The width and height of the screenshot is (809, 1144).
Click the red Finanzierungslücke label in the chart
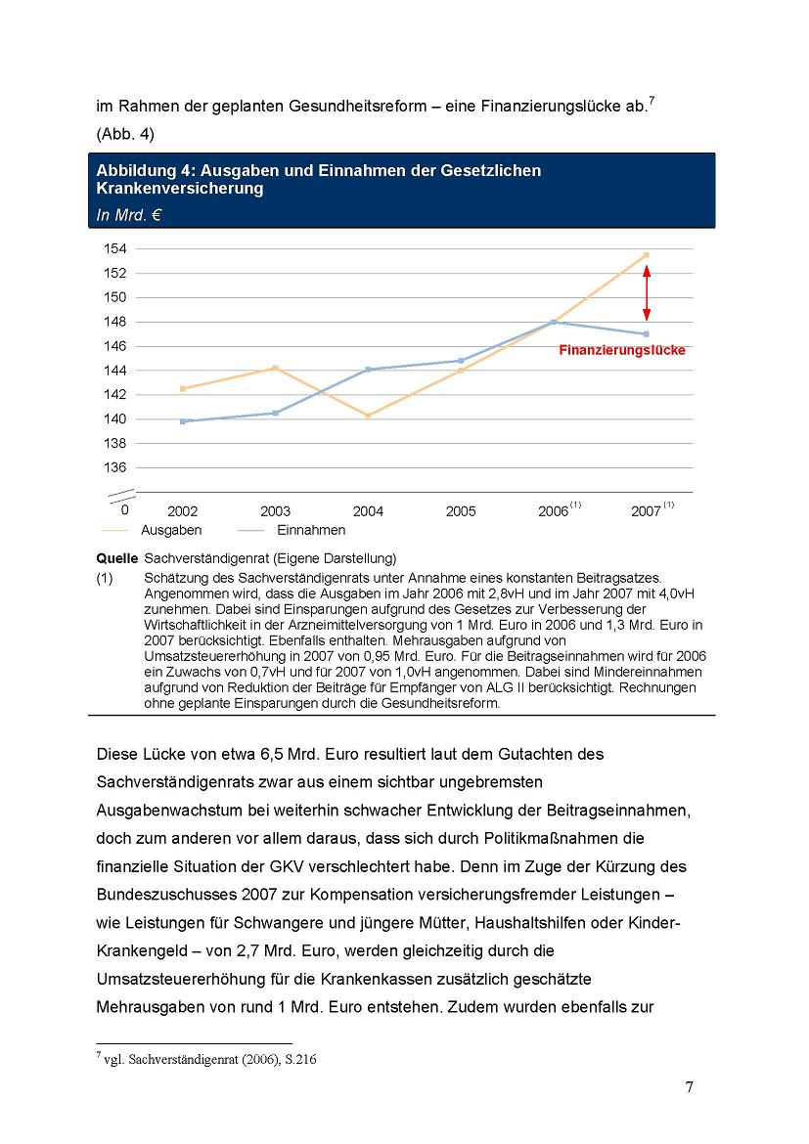(622, 350)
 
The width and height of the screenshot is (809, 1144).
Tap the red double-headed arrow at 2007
(647, 293)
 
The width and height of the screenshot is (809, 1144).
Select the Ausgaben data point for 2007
(647, 255)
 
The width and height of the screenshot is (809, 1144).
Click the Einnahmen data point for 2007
(647, 334)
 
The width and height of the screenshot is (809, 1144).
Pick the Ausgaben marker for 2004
(368, 416)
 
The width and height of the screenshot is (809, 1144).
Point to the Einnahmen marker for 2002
(183, 421)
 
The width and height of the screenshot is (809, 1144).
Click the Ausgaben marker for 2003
(275, 368)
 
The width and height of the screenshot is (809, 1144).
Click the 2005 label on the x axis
(461, 511)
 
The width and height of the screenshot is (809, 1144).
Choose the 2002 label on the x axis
(183, 511)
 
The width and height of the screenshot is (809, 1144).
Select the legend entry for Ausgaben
(171, 530)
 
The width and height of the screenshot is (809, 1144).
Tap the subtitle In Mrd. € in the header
(128, 215)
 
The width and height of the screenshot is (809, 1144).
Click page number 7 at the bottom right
(689, 1089)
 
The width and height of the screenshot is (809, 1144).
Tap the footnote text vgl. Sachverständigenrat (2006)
(210, 1059)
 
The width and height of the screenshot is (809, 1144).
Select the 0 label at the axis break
(124, 509)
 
